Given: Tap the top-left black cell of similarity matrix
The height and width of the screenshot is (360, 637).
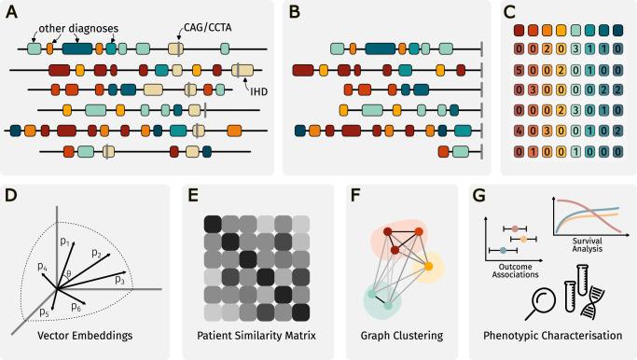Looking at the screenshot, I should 212,224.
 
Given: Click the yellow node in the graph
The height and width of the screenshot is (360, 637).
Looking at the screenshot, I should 429,268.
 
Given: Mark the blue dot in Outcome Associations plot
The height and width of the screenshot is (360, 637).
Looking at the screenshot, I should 505,250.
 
